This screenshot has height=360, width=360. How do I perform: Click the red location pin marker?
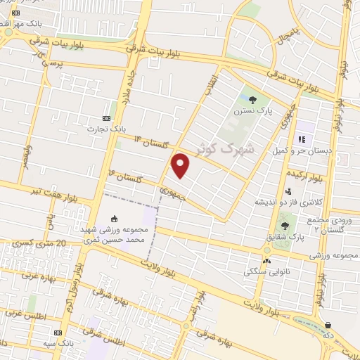181,165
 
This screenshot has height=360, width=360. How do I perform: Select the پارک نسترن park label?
253,111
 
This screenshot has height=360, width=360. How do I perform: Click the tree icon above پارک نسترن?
253,99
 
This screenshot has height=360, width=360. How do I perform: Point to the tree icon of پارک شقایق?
285,226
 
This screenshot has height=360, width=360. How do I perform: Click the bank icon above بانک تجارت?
107,117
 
